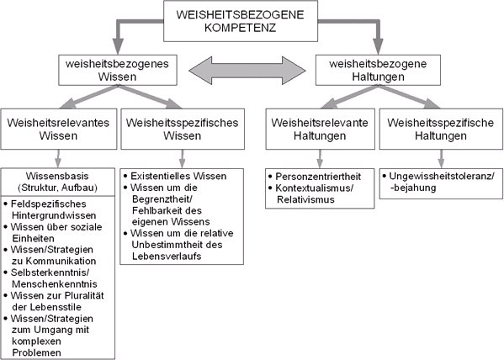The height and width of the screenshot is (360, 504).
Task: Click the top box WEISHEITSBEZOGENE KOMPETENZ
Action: (241, 21)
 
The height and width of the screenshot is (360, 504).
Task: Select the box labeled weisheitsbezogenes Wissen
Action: (117, 70)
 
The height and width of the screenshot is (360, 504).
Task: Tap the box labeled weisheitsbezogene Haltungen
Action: (378, 70)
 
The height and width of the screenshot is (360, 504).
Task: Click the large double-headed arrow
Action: (247, 71)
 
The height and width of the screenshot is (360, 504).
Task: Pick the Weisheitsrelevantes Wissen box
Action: (59, 129)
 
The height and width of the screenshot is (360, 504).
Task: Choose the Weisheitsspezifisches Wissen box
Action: (183, 129)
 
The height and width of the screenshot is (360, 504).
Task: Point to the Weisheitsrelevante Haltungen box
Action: (320, 129)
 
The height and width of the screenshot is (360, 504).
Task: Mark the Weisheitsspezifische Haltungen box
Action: (441, 129)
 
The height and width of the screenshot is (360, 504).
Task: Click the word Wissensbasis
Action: (57, 176)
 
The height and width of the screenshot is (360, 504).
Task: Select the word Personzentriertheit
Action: (318, 177)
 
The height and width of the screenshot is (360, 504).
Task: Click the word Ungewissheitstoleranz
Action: (440, 176)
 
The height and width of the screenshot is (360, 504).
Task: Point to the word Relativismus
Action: (305, 199)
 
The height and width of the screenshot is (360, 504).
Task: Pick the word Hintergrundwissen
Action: (54, 215)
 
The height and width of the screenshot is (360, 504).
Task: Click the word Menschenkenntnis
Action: (55, 283)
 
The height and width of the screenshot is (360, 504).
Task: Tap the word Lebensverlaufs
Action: (167, 257)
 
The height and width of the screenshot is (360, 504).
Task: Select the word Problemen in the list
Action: (36, 352)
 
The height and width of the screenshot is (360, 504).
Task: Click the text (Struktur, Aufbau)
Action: (57, 188)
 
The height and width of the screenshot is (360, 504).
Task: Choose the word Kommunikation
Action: (60, 261)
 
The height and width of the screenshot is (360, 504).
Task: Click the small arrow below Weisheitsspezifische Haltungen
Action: (441, 159)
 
